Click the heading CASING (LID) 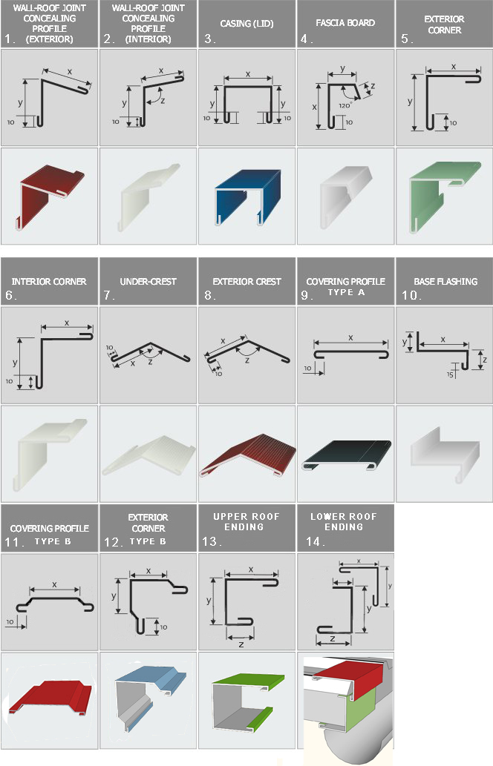pyautogui.click(x=246, y=24)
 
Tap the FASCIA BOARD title pyautogui.click(x=345, y=23)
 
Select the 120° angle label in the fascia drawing pyautogui.click(x=345, y=105)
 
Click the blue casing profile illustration pyautogui.click(x=247, y=197)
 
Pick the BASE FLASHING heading pyautogui.click(x=445, y=281)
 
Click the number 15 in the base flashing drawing pyautogui.click(x=450, y=374)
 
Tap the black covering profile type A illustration pyautogui.click(x=347, y=455)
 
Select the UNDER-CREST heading pyautogui.click(x=148, y=281)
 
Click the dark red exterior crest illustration pyautogui.click(x=247, y=455)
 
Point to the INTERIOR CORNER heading pyautogui.click(x=49, y=281)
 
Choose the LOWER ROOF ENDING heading pyautogui.click(x=344, y=522)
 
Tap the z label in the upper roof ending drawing pyautogui.click(x=241, y=644)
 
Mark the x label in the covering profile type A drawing pyautogui.click(x=350, y=337)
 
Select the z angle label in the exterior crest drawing pyautogui.click(x=247, y=360)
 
